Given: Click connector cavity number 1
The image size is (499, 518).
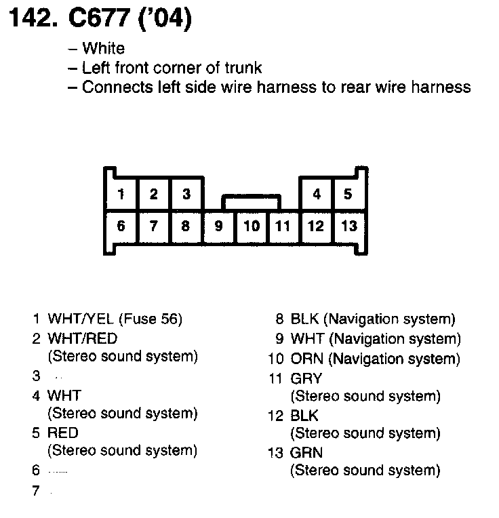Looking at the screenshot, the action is tap(121, 195).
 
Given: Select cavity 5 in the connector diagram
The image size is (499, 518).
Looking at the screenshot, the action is tap(348, 195).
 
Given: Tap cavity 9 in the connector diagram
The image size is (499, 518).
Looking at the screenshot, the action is tap(218, 226).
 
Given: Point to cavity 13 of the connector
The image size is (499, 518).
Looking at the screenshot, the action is tap(348, 226).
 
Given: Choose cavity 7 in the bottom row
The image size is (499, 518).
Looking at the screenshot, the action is tap(154, 226).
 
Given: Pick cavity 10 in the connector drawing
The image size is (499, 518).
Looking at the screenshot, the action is tap(252, 226).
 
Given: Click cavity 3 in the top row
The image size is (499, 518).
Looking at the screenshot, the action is tap(186, 195).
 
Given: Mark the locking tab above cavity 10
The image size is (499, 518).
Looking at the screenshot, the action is tap(252, 202).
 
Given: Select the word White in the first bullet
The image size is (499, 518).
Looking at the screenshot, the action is tap(103, 48).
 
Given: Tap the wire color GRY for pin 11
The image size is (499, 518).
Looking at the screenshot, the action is tap(306, 378).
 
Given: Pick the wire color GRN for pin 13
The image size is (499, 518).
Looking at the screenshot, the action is tap(306, 452).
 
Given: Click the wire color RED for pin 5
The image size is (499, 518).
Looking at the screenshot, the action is tap(63, 433).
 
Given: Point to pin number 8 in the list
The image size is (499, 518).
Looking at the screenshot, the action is tap(279, 319).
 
